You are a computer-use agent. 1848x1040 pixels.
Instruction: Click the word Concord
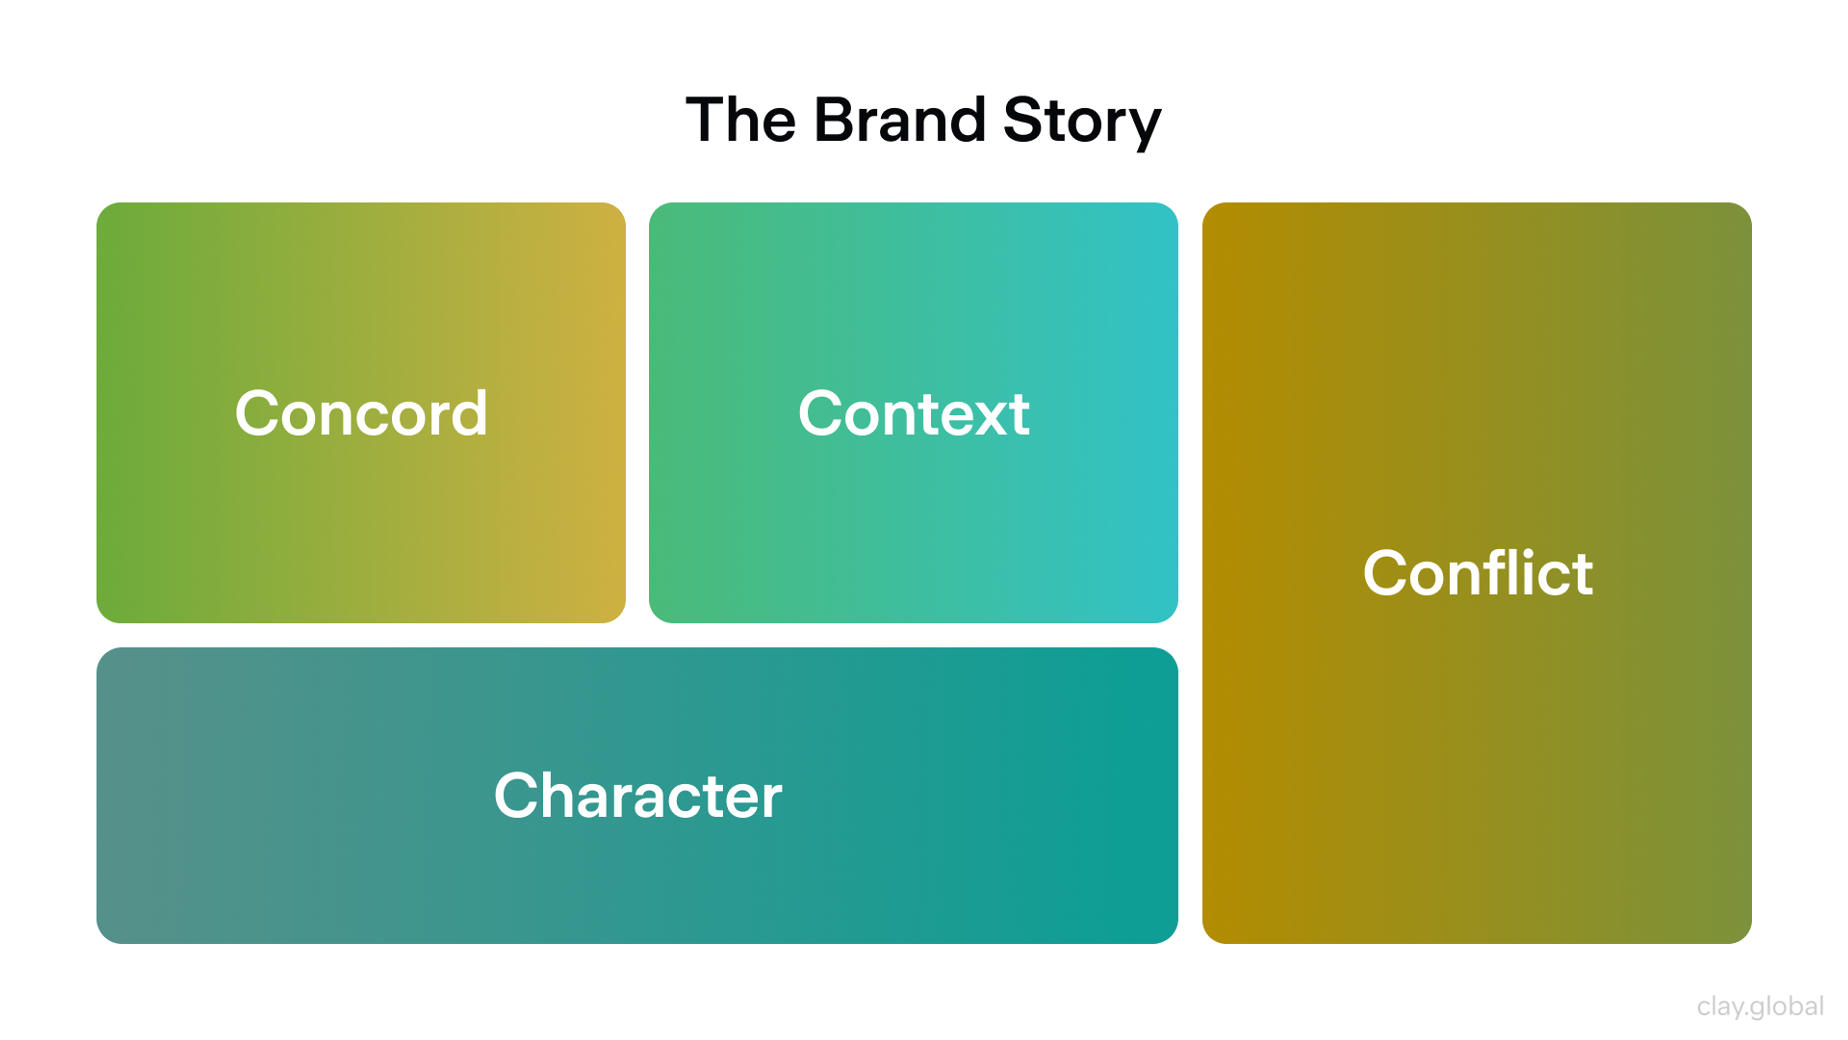pos(361,414)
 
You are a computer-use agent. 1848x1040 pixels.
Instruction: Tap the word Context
pos(913,414)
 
